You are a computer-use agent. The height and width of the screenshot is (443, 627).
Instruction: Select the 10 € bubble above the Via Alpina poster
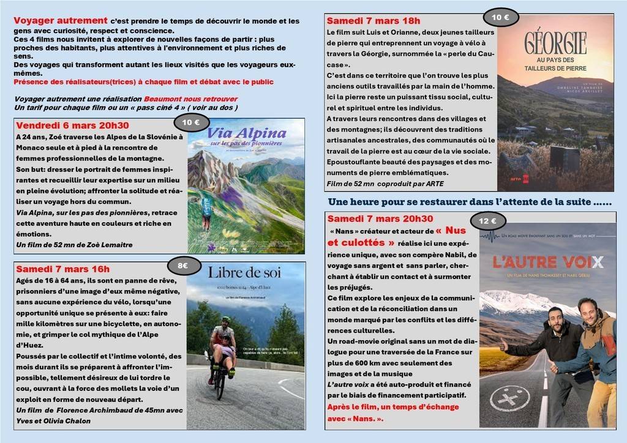coord(191,122)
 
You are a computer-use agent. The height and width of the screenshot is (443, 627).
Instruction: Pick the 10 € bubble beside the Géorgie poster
coord(501,18)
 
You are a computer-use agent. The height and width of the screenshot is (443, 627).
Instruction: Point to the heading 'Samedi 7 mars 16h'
coord(63,269)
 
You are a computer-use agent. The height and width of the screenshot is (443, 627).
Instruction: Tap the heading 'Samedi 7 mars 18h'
coord(374,20)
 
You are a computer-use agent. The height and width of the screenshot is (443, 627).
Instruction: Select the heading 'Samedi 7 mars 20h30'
coord(380,218)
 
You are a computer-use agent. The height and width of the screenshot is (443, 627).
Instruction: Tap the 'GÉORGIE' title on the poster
coord(555,42)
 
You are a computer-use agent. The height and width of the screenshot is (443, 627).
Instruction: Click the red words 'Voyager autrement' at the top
coord(61,20)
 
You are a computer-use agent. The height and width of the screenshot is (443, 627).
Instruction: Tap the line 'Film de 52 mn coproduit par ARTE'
coord(385,184)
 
